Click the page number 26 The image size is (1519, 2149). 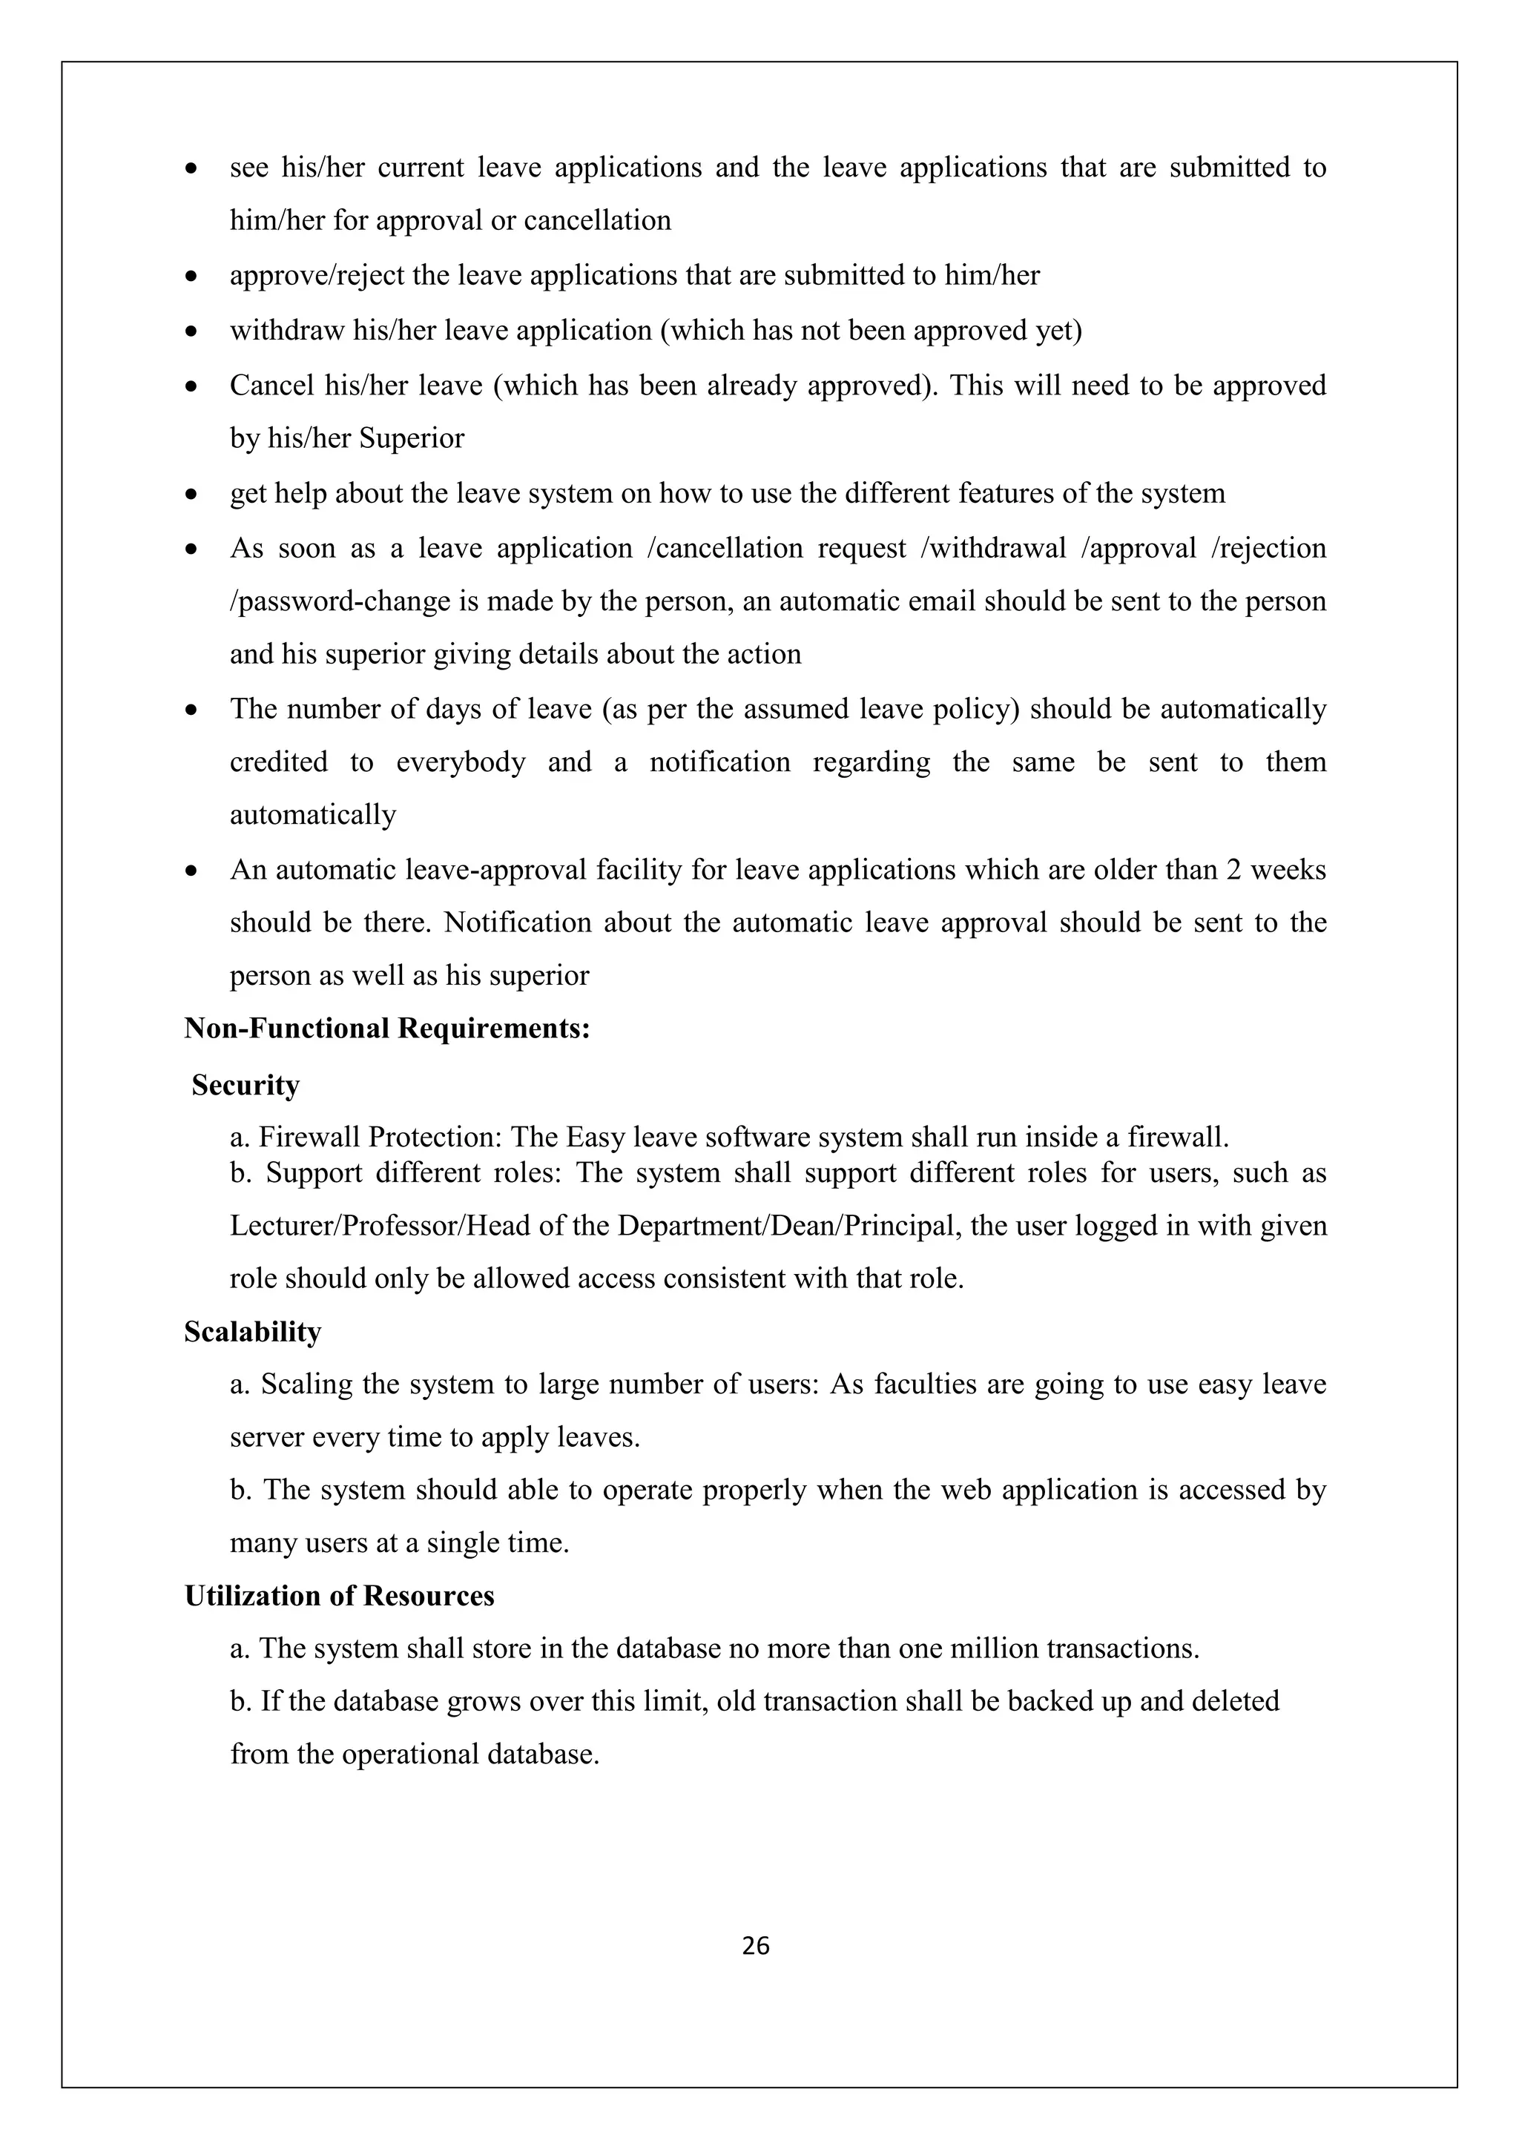click(755, 1946)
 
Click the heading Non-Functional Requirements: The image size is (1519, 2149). click(386, 1029)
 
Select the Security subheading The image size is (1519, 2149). click(246, 1085)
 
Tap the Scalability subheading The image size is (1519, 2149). click(253, 1331)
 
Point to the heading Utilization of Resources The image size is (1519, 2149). click(339, 1595)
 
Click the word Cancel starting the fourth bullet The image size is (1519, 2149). click(271, 386)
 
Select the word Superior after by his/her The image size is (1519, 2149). click(412, 438)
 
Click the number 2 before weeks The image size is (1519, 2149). click(1233, 870)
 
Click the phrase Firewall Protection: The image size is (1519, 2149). click(381, 1138)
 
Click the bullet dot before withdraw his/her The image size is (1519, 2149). click(192, 331)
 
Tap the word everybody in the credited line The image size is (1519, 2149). click(461, 762)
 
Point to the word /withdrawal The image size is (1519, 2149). click(994, 549)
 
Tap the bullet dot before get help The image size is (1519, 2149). click(192, 494)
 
